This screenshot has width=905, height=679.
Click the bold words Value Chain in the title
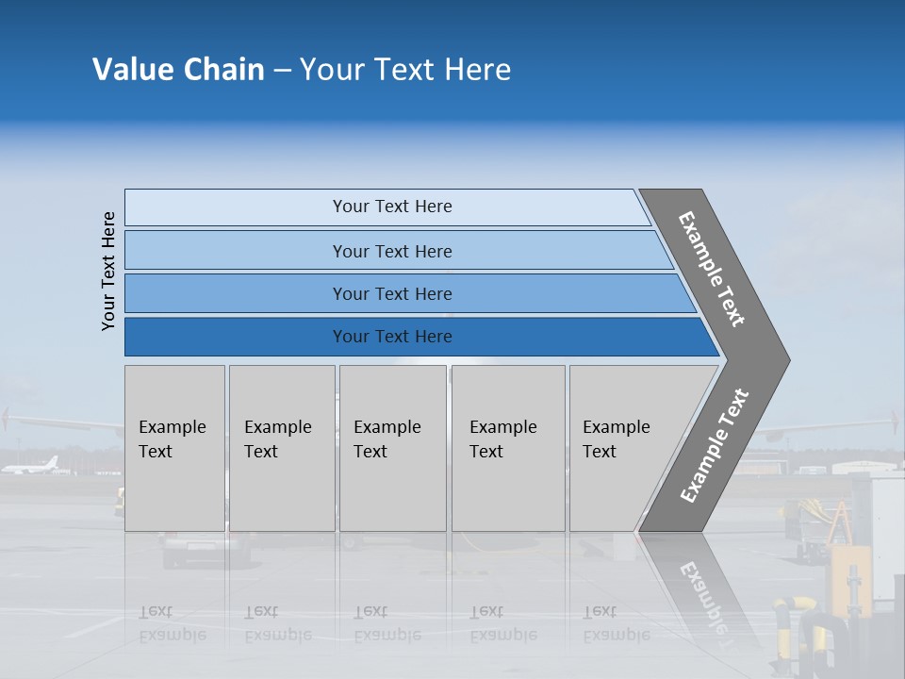click(x=178, y=70)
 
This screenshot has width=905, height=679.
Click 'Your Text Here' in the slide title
click(x=405, y=70)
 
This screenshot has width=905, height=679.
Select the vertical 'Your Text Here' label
click(x=108, y=271)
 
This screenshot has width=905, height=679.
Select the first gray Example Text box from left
click(x=174, y=448)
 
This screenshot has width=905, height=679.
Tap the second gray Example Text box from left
click(x=282, y=448)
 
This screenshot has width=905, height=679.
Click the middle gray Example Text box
click(x=392, y=448)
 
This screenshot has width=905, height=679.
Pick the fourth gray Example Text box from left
click(x=508, y=448)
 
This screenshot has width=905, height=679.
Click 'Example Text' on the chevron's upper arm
click(x=712, y=269)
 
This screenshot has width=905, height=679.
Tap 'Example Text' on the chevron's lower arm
click(x=714, y=446)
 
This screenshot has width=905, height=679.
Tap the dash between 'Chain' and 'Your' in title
click(x=282, y=71)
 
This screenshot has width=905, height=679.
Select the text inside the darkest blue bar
click(x=392, y=337)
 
